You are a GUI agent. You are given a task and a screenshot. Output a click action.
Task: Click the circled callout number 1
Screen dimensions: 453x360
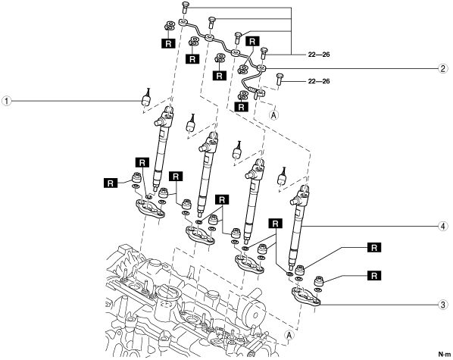tap(6, 102)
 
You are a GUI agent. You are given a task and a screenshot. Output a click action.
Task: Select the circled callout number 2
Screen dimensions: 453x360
tap(443, 68)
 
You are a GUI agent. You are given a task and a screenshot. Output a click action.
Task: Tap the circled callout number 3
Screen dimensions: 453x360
tap(443, 305)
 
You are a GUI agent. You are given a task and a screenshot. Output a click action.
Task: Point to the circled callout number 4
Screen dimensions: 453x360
tap(443, 226)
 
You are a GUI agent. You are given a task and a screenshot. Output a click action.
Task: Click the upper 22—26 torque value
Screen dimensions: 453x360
tap(319, 55)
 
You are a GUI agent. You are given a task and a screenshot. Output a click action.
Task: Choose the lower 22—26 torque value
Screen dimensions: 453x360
tap(319, 81)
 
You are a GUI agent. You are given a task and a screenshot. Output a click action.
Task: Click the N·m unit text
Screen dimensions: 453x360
tap(444, 354)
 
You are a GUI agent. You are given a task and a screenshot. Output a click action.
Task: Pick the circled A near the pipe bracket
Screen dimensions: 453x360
tap(273, 114)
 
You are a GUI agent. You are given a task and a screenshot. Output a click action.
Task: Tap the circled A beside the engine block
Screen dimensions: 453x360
tap(289, 335)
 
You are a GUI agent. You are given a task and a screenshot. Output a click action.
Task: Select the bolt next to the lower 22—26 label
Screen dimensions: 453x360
tap(280, 80)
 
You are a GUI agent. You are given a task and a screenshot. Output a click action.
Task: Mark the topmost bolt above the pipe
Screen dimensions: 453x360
tap(186, 7)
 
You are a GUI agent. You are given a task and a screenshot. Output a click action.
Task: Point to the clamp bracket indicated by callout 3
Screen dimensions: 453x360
tap(305, 297)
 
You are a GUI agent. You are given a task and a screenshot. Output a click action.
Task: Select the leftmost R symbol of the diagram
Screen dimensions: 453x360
tap(111, 183)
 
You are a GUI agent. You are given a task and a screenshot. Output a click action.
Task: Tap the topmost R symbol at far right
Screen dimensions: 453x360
tap(374, 248)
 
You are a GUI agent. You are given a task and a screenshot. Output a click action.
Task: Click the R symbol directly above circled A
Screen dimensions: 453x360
tap(241, 107)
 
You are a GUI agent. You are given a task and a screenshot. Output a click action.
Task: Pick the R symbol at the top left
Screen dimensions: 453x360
tap(168, 43)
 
